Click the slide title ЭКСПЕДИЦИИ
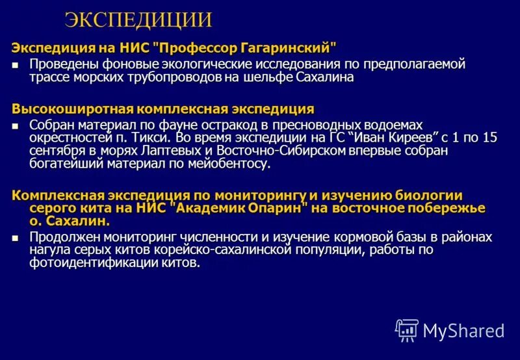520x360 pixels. (138, 20)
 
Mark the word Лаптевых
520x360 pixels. (151, 151)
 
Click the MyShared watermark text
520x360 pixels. (463, 330)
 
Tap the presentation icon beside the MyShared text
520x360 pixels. (407, 330)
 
